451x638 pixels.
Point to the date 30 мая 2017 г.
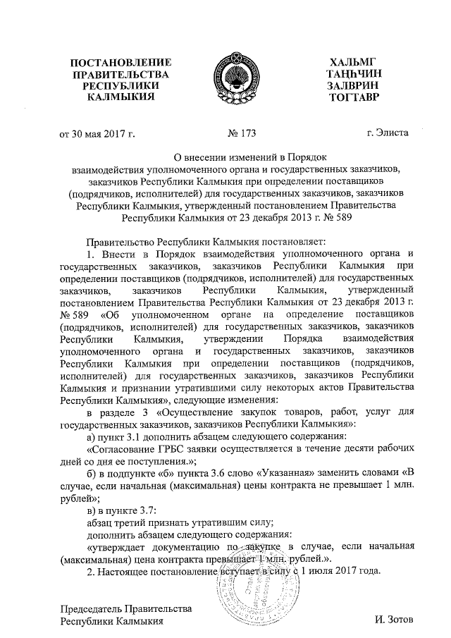tap(104, 133)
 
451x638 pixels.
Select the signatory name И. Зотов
tap(399, 620)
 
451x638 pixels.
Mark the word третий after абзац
tap(137, 521)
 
